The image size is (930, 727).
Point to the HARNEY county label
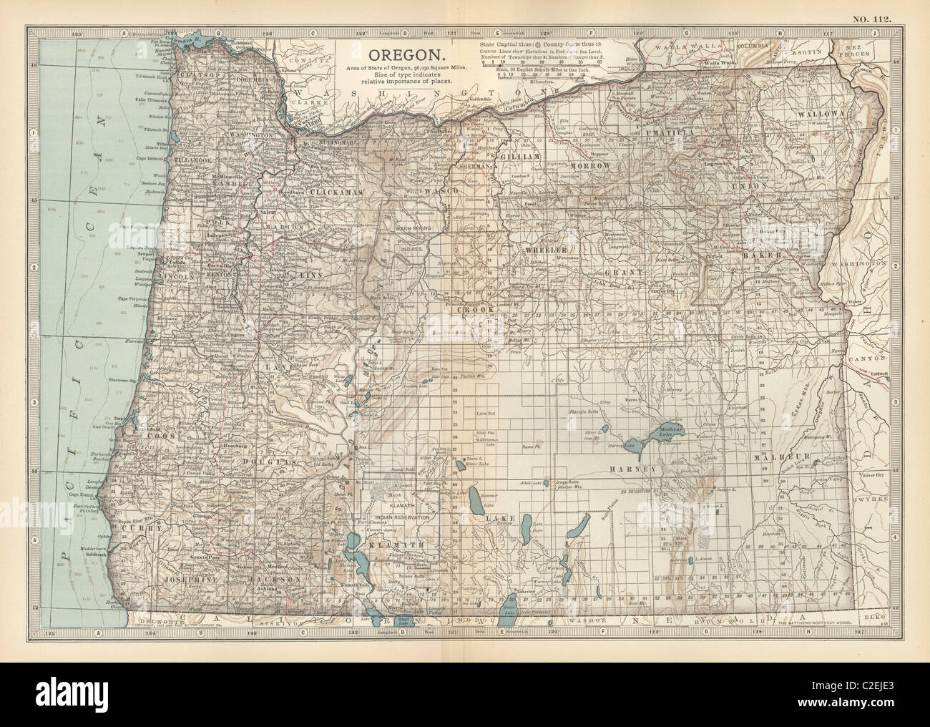click(x=633, y=469)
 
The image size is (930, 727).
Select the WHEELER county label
click(x=547, y=249)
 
